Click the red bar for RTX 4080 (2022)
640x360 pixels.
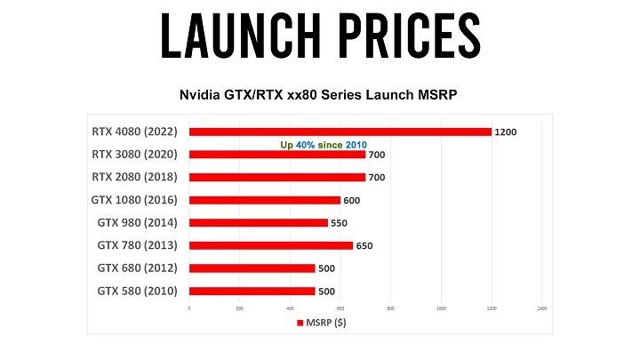pos(340,132)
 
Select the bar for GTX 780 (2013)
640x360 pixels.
pos(270,245)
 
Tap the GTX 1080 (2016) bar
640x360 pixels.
pos(264,200)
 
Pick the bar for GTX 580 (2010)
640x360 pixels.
pos(252,291)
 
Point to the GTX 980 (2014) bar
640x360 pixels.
pos(258,223)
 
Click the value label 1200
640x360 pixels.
pos(507,132)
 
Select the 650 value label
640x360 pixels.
pos(364,245)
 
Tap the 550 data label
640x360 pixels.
pos(339,223)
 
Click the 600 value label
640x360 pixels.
pos(352,200)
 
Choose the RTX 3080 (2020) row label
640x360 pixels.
pos(135,155)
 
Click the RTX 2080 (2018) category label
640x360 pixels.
pos(135,177)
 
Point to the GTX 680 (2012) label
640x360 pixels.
pos(137,268)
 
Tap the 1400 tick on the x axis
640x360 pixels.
pos(541,308)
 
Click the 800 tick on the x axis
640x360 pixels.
pos(390,308)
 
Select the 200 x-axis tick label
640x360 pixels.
pos(239,308)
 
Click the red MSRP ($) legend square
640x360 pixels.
pos(299,323)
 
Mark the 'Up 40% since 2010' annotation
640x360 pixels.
pos(324,144)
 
